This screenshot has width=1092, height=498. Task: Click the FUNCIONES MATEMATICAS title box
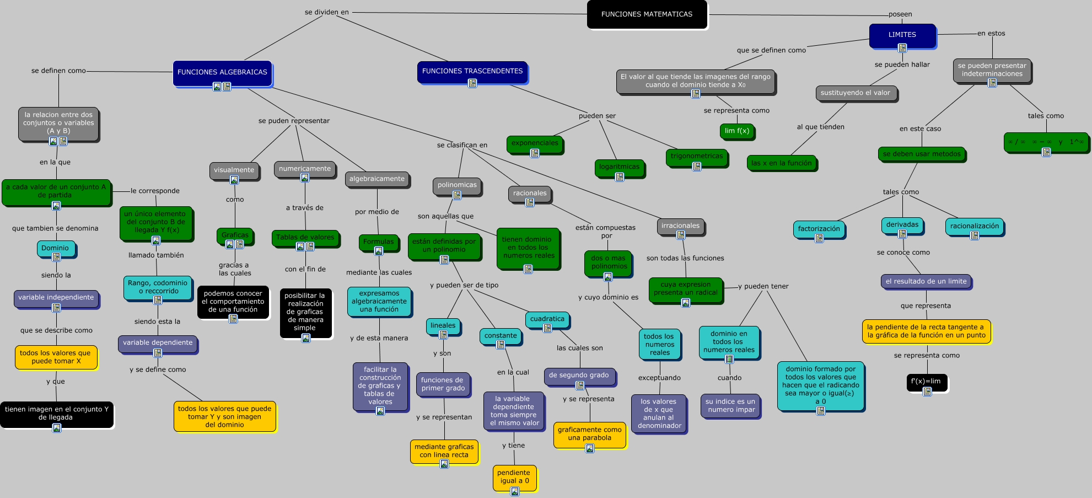[x=647, y=14]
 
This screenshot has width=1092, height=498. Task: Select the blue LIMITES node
[x=902, y=35]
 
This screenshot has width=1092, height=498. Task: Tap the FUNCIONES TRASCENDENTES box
[x=472, y=71]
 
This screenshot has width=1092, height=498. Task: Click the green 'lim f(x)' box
[x=736, y=131]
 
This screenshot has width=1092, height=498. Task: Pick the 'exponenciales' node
[x=535, y=143]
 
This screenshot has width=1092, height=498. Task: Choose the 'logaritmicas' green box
[x=619, y=167]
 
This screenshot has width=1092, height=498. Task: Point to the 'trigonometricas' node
[x=696, y=156]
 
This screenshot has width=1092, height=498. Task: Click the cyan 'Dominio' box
[x=55, y=248]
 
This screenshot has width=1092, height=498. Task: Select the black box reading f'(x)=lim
[x=926, y=381]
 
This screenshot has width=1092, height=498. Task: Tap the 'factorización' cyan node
[x=819, y=229]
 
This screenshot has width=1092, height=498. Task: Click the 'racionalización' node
[x=974, y=226]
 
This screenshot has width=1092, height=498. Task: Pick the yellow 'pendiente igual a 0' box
[x=514, y=476]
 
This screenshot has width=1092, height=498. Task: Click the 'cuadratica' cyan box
[x=547, y=319]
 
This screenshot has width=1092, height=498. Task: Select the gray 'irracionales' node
[x=680, y=226]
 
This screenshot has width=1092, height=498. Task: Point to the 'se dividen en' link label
[x=326, y=12]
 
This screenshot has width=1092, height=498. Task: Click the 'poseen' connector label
[x=900, y=14]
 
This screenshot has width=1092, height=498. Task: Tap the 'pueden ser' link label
[x=597, y=116]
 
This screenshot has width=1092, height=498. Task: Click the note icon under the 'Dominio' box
[x=56, y=257]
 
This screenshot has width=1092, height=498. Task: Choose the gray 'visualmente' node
[x=234, y=170]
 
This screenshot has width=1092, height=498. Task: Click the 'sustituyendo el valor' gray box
[x=855, y=93]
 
